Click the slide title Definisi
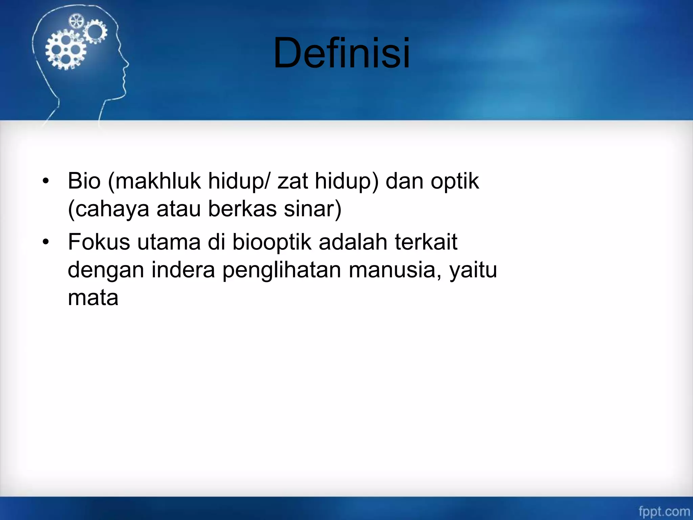coord(342,53)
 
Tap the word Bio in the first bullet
coord(84,181)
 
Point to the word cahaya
coord(112,209)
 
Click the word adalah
coord(353,242)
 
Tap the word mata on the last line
coord(93,298)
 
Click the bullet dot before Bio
coord(46,181)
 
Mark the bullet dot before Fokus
coord(46,242)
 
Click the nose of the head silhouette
coord(127,63)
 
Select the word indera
coord(183,270)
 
